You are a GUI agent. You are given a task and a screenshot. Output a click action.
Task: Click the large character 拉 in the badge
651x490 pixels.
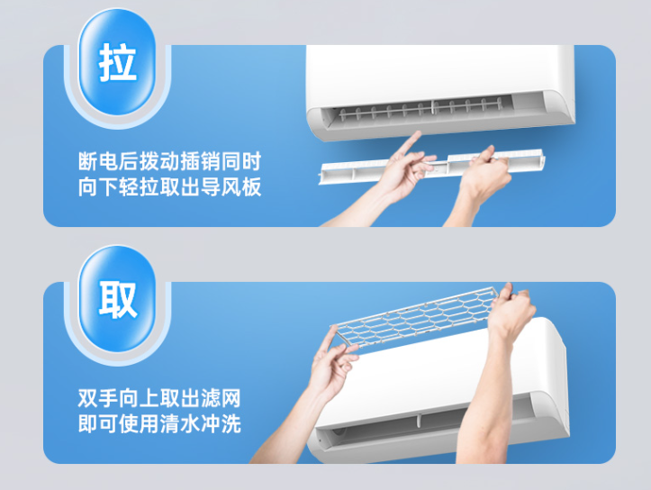click(119, 63)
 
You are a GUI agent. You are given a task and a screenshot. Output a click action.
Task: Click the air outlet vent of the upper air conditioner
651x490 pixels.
click(423, 113)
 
